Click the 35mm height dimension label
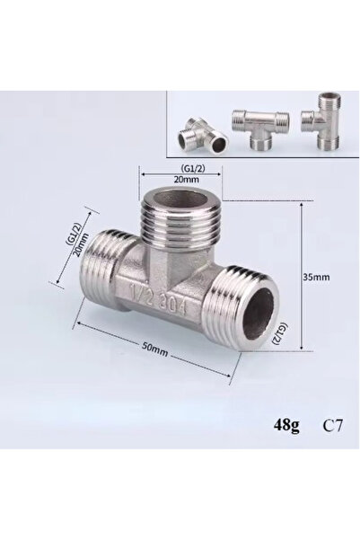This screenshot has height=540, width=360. coord(316,277)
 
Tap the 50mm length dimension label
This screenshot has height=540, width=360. coord(155,350)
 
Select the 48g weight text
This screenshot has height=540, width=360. coord(286,425)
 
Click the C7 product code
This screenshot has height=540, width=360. coord(333,425)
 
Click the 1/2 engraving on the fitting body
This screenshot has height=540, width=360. coord(140,293)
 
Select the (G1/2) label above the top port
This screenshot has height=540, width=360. coord(192,168)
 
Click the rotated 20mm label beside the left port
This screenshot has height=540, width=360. coord(81,245)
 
